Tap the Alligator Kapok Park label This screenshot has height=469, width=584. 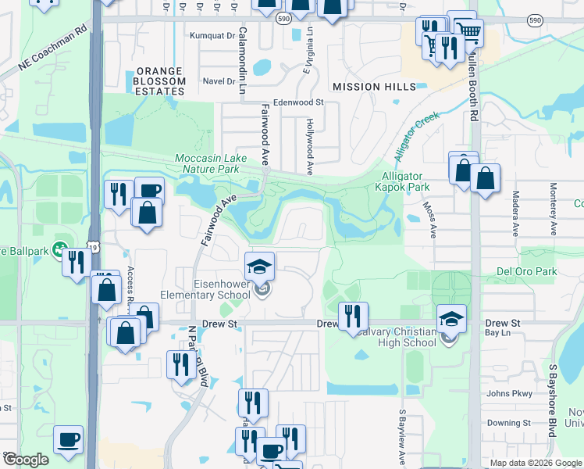click(402, 182)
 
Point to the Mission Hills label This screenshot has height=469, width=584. click(374, 87)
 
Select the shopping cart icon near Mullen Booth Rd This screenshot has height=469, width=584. click(467, 32)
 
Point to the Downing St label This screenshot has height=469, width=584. click(509, 423)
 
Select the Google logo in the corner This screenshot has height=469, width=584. click(26, 460)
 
